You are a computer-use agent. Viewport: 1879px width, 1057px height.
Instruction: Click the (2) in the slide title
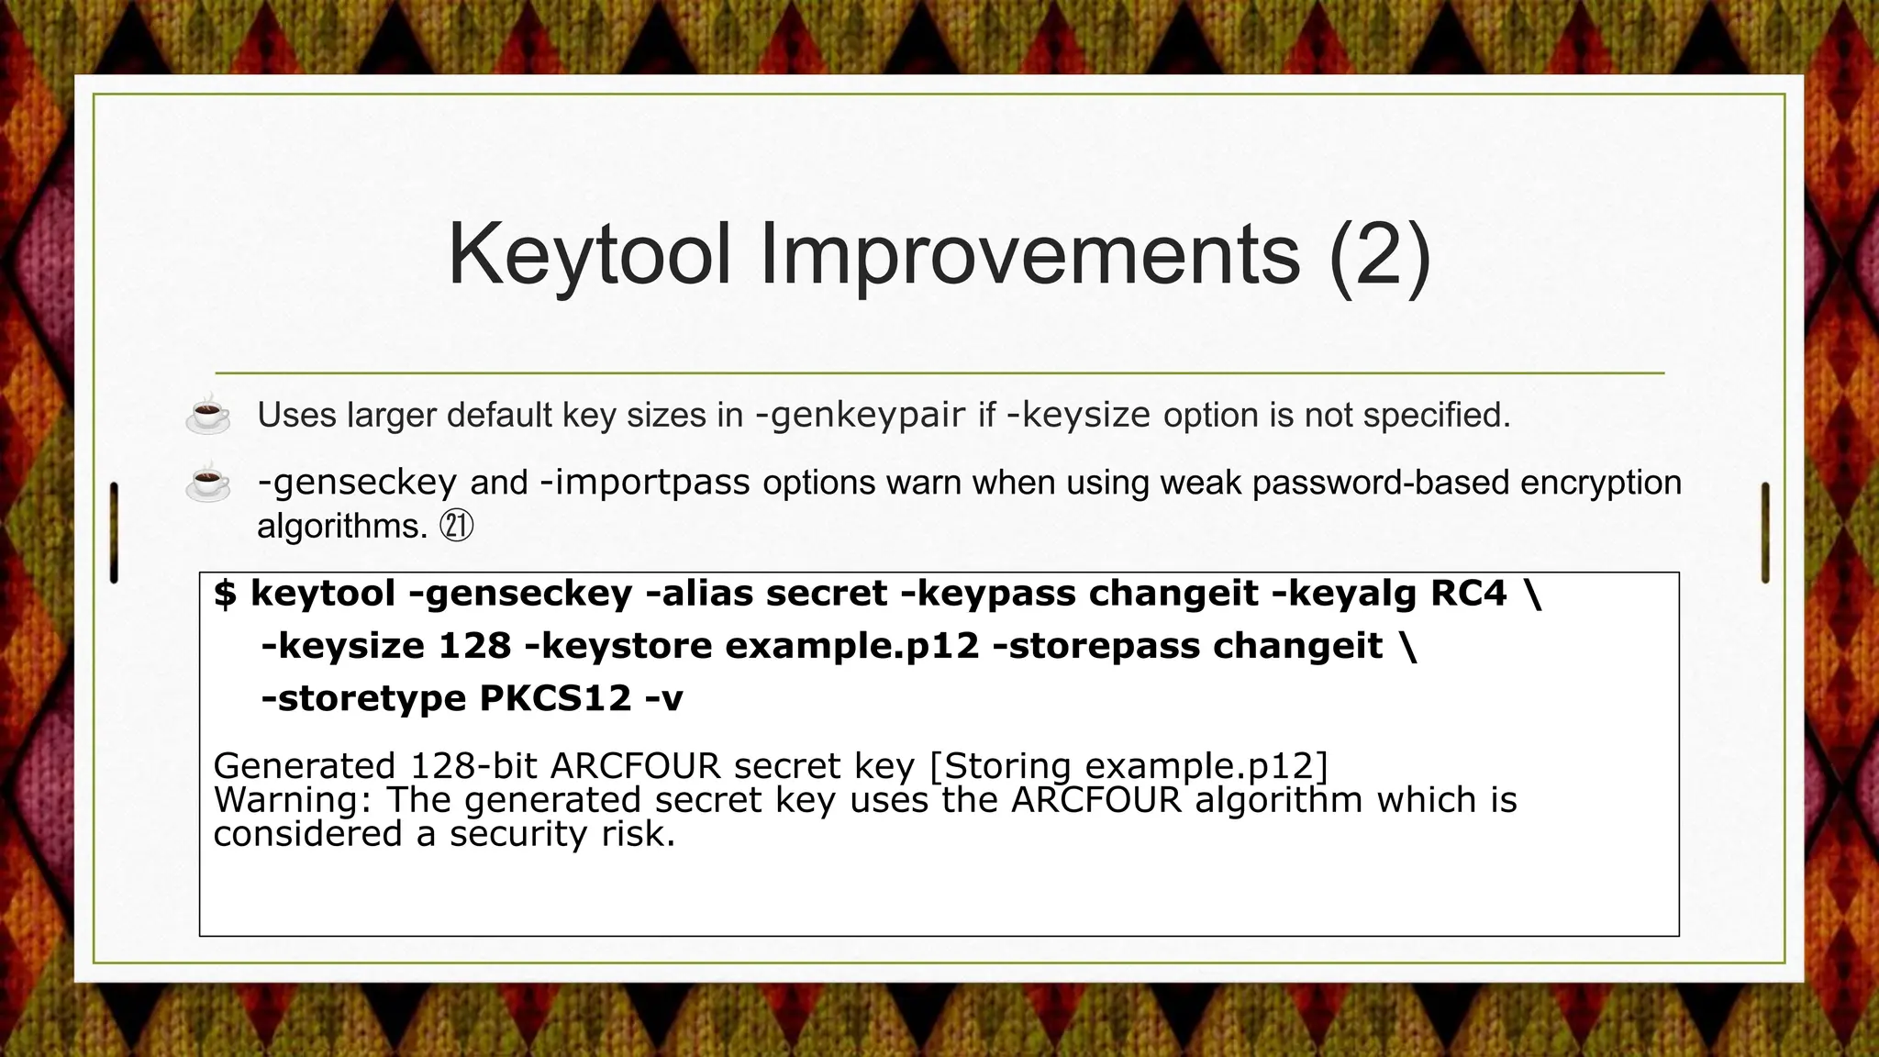[x=1379, y=255]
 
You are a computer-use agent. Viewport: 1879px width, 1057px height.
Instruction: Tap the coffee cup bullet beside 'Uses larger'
[x=208, y=415]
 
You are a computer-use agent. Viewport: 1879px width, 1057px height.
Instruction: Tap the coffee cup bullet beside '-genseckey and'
[x=208, y=483]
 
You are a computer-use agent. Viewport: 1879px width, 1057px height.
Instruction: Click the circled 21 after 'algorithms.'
[x=457, y=527]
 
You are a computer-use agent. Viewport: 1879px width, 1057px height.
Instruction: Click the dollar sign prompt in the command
[x=225, y=594]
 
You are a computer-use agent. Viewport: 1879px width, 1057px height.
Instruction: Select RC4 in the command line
[x=1468, y=594]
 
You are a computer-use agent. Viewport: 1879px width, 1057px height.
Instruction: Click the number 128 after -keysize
[x=474, y=646]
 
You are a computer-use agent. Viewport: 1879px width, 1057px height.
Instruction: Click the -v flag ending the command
[x=663, y=699]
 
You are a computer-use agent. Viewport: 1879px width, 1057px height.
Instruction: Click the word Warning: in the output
[x=292, y=800]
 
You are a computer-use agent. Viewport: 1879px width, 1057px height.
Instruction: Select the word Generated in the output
[x=305, y=765]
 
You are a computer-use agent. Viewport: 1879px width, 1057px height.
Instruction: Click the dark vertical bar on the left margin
[x=114, y=532]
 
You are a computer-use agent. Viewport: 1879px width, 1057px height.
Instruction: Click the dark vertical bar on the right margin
[x=1764, y=532]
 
